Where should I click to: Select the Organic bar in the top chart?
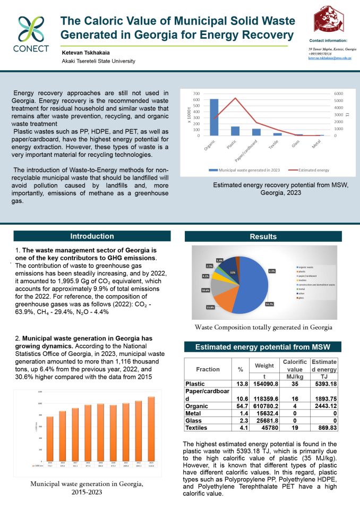(214, 117)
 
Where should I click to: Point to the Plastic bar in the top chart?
(235, 131)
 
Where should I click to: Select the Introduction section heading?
(92, 236)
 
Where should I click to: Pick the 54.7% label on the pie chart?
(270, 304)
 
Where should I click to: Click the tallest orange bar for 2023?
(151, 428)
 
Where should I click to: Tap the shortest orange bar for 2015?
(50, 438)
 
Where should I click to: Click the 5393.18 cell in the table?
(324, 383)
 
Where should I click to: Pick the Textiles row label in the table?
(196, 428)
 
